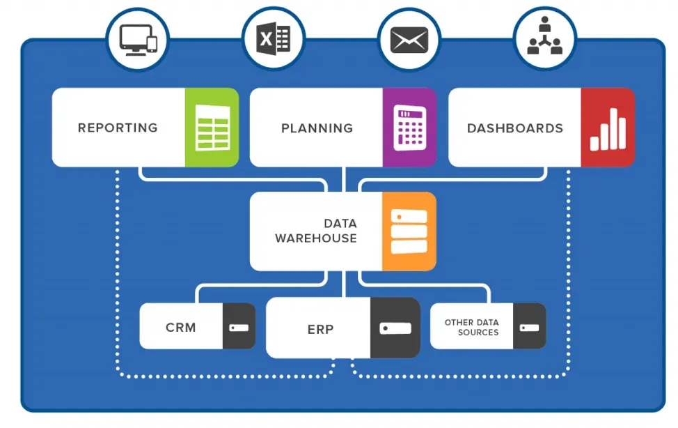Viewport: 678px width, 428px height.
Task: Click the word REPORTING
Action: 118,128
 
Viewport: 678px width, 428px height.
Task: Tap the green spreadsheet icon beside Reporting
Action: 212,128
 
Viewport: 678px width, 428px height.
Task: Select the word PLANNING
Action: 317,128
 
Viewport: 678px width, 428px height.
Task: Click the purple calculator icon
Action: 409,128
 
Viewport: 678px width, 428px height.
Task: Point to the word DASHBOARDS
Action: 514,128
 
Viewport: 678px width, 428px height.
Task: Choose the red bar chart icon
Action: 608,128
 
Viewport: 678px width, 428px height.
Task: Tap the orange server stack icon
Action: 409,231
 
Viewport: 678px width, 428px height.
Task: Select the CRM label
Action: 180,327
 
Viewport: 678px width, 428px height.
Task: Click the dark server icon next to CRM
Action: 239,326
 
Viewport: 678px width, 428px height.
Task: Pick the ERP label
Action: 320,329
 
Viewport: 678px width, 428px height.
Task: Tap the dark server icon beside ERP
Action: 395,328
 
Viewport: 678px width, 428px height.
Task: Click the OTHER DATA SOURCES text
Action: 472,327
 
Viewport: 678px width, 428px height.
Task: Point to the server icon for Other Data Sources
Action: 529,326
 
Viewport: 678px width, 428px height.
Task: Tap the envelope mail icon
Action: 409,39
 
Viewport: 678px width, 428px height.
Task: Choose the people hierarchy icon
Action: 544,38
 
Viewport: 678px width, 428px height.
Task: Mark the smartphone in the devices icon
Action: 151,43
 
